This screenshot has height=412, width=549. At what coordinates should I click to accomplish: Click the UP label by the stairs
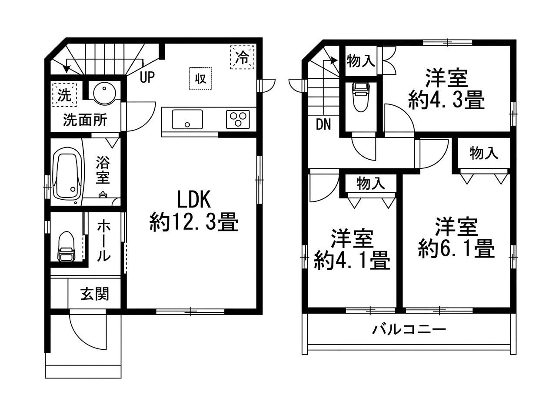click(147, 77)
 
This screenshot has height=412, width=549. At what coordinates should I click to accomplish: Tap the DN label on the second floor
click(323, 124)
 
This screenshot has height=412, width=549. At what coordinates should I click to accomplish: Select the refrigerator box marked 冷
click(242, 57)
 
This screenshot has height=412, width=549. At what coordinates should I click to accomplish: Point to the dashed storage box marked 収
click(200, 79)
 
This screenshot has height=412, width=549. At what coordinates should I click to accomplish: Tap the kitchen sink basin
click(187, 119)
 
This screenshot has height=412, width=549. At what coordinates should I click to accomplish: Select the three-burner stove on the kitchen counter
click(238, 119)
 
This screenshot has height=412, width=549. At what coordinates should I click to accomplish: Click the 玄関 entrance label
click(95, 294)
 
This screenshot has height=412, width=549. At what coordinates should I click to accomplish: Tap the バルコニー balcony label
click(409, 329)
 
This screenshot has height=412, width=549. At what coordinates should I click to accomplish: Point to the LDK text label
click(194, 199)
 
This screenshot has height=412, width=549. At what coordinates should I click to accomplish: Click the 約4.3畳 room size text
click(446, 100)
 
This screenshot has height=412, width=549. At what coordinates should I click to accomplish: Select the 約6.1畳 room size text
click(456, 249)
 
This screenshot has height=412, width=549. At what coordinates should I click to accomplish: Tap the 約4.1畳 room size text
click(352, 261)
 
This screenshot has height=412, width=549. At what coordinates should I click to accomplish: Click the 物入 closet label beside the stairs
click(361, 60)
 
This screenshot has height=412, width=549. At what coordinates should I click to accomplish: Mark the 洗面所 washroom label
click(85, 120)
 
